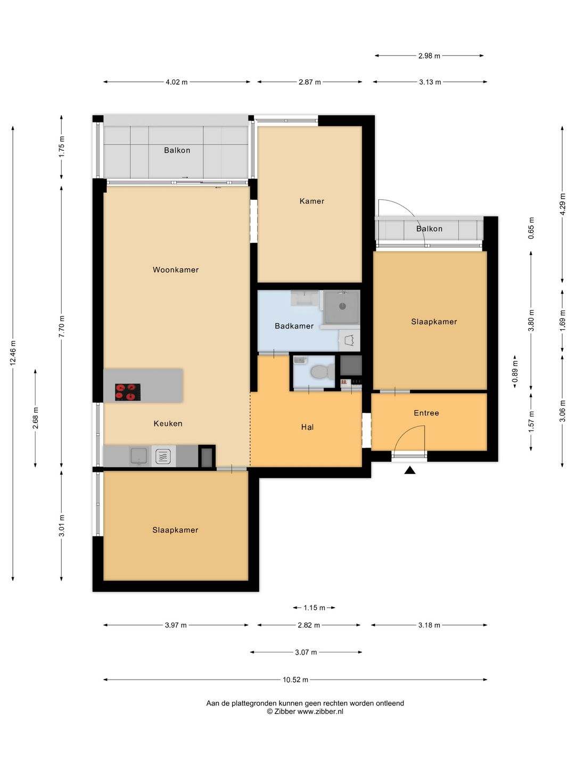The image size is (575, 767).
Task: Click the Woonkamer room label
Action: [x=176, y=270]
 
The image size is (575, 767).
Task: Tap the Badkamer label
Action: [x=294, y=326]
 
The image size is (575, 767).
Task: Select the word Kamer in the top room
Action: [x=312, y=201]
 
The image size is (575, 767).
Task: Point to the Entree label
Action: [x=426, y=413]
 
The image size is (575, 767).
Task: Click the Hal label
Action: [x=307, y=427]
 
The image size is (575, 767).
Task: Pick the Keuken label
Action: [x=168, y=423]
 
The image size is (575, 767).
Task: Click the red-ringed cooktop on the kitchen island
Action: [x=128, y=392]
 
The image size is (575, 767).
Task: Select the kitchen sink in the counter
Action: [x=139, y=456]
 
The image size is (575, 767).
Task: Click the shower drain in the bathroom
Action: [x=342, y=306]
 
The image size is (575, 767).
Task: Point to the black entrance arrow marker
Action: [x=410, y=470]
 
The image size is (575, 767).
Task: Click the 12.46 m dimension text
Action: [x=13, y=353]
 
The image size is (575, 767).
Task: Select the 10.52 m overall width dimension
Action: [x=295, y=680]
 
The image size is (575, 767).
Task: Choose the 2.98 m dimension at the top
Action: [x=429, y=55]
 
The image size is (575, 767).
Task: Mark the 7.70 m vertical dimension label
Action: [x=61, y=327]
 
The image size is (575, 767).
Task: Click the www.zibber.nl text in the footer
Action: [x=320, y=712]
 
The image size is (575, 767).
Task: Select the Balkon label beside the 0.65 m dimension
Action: [x=429, y=229]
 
